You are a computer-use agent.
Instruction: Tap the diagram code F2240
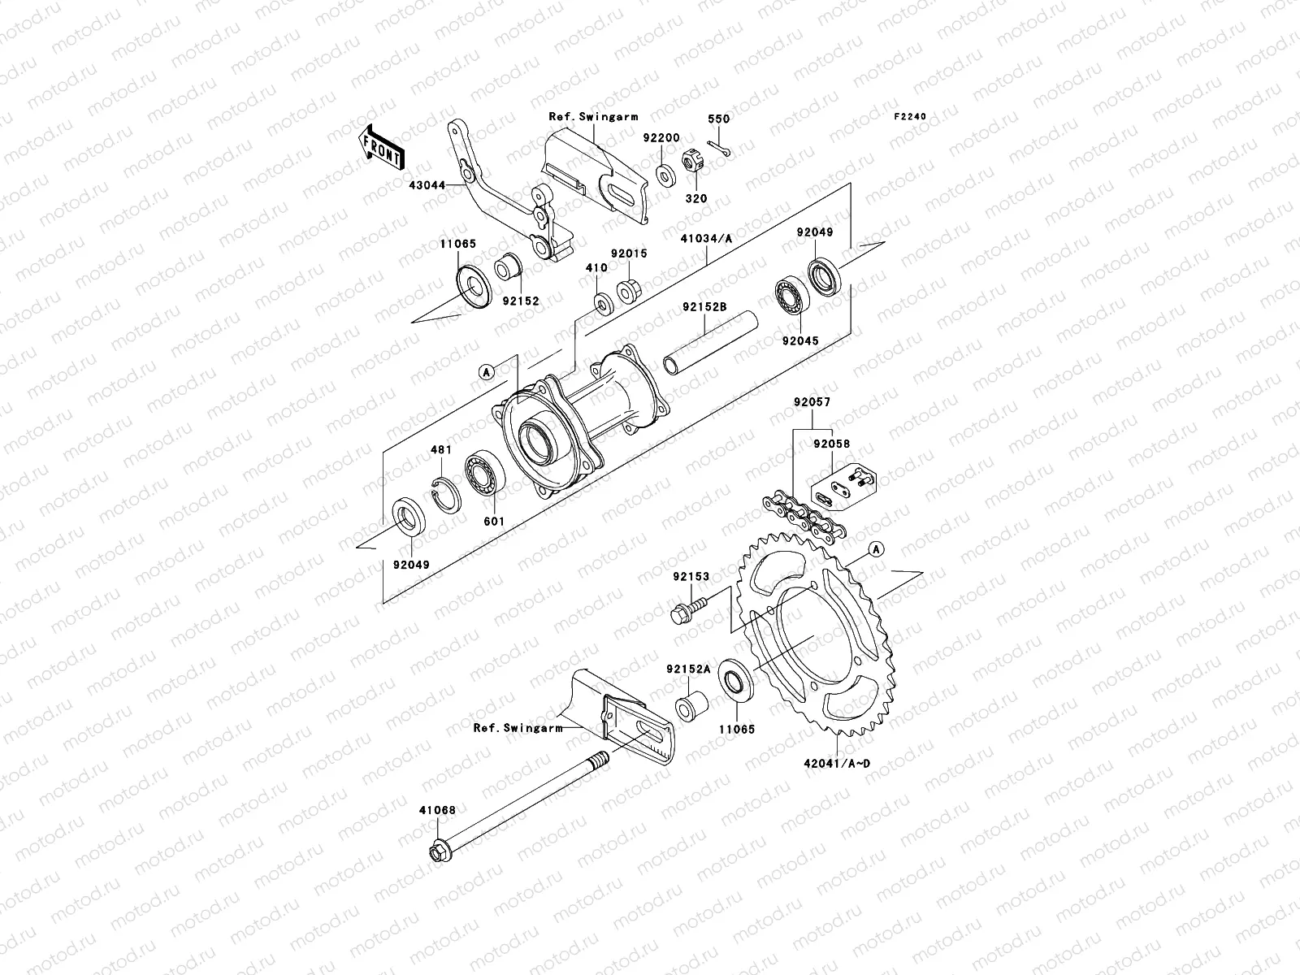[910, 117]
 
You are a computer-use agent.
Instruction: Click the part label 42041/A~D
[837, 762]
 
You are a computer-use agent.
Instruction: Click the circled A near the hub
[486, 372]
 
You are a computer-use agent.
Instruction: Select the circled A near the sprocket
[875, 549]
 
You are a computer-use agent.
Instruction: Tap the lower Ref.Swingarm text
[518, 728]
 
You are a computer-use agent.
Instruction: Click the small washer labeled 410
[603, 304]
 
